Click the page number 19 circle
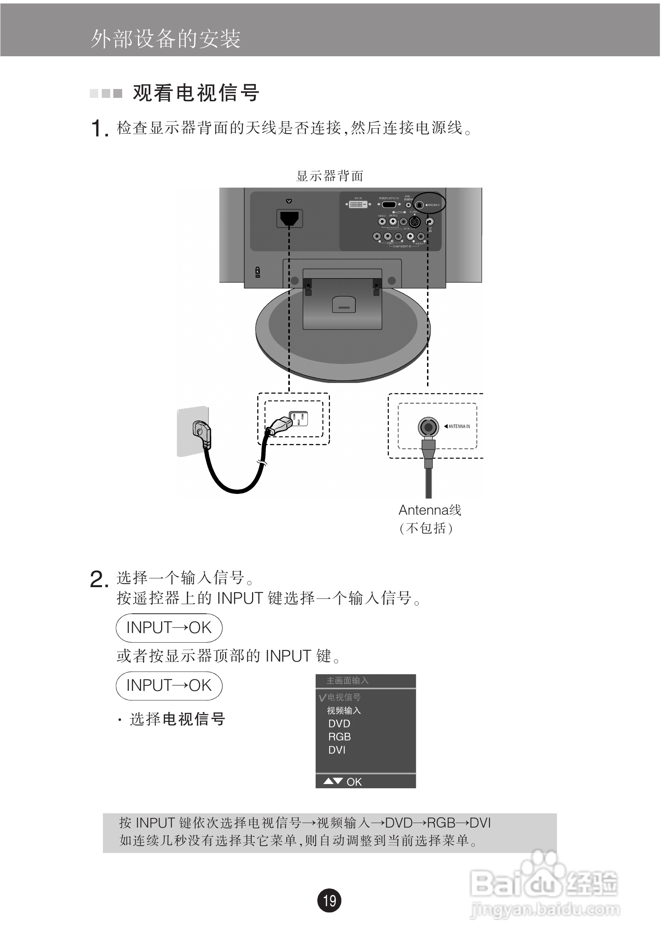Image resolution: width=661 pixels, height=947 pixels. [329, 900]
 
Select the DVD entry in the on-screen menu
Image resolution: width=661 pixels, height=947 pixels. [339, 724]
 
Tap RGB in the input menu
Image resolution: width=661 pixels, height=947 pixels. [339, 737]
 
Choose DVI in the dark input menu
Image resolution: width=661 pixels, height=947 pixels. [337, 750]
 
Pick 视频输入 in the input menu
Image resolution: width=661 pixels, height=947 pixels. [344, 710]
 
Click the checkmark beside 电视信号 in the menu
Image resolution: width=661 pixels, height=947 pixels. [322, 697]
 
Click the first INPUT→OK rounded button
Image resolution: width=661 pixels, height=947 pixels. [169, 628]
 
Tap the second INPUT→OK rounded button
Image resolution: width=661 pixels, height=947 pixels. [169, 685]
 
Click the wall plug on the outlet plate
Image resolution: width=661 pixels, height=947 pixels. [202, 433]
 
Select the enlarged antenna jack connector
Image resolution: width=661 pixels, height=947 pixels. [428, 427]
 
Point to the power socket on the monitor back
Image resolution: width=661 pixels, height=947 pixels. [289, 218]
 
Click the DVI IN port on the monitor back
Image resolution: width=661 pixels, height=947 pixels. [358, 204]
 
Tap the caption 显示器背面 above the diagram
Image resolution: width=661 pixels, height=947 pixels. [330, 176]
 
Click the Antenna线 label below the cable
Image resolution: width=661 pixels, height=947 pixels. [429, 510]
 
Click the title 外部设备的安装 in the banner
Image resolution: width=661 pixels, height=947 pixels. [165, 39]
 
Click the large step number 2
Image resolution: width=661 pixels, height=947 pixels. [99, 579]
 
